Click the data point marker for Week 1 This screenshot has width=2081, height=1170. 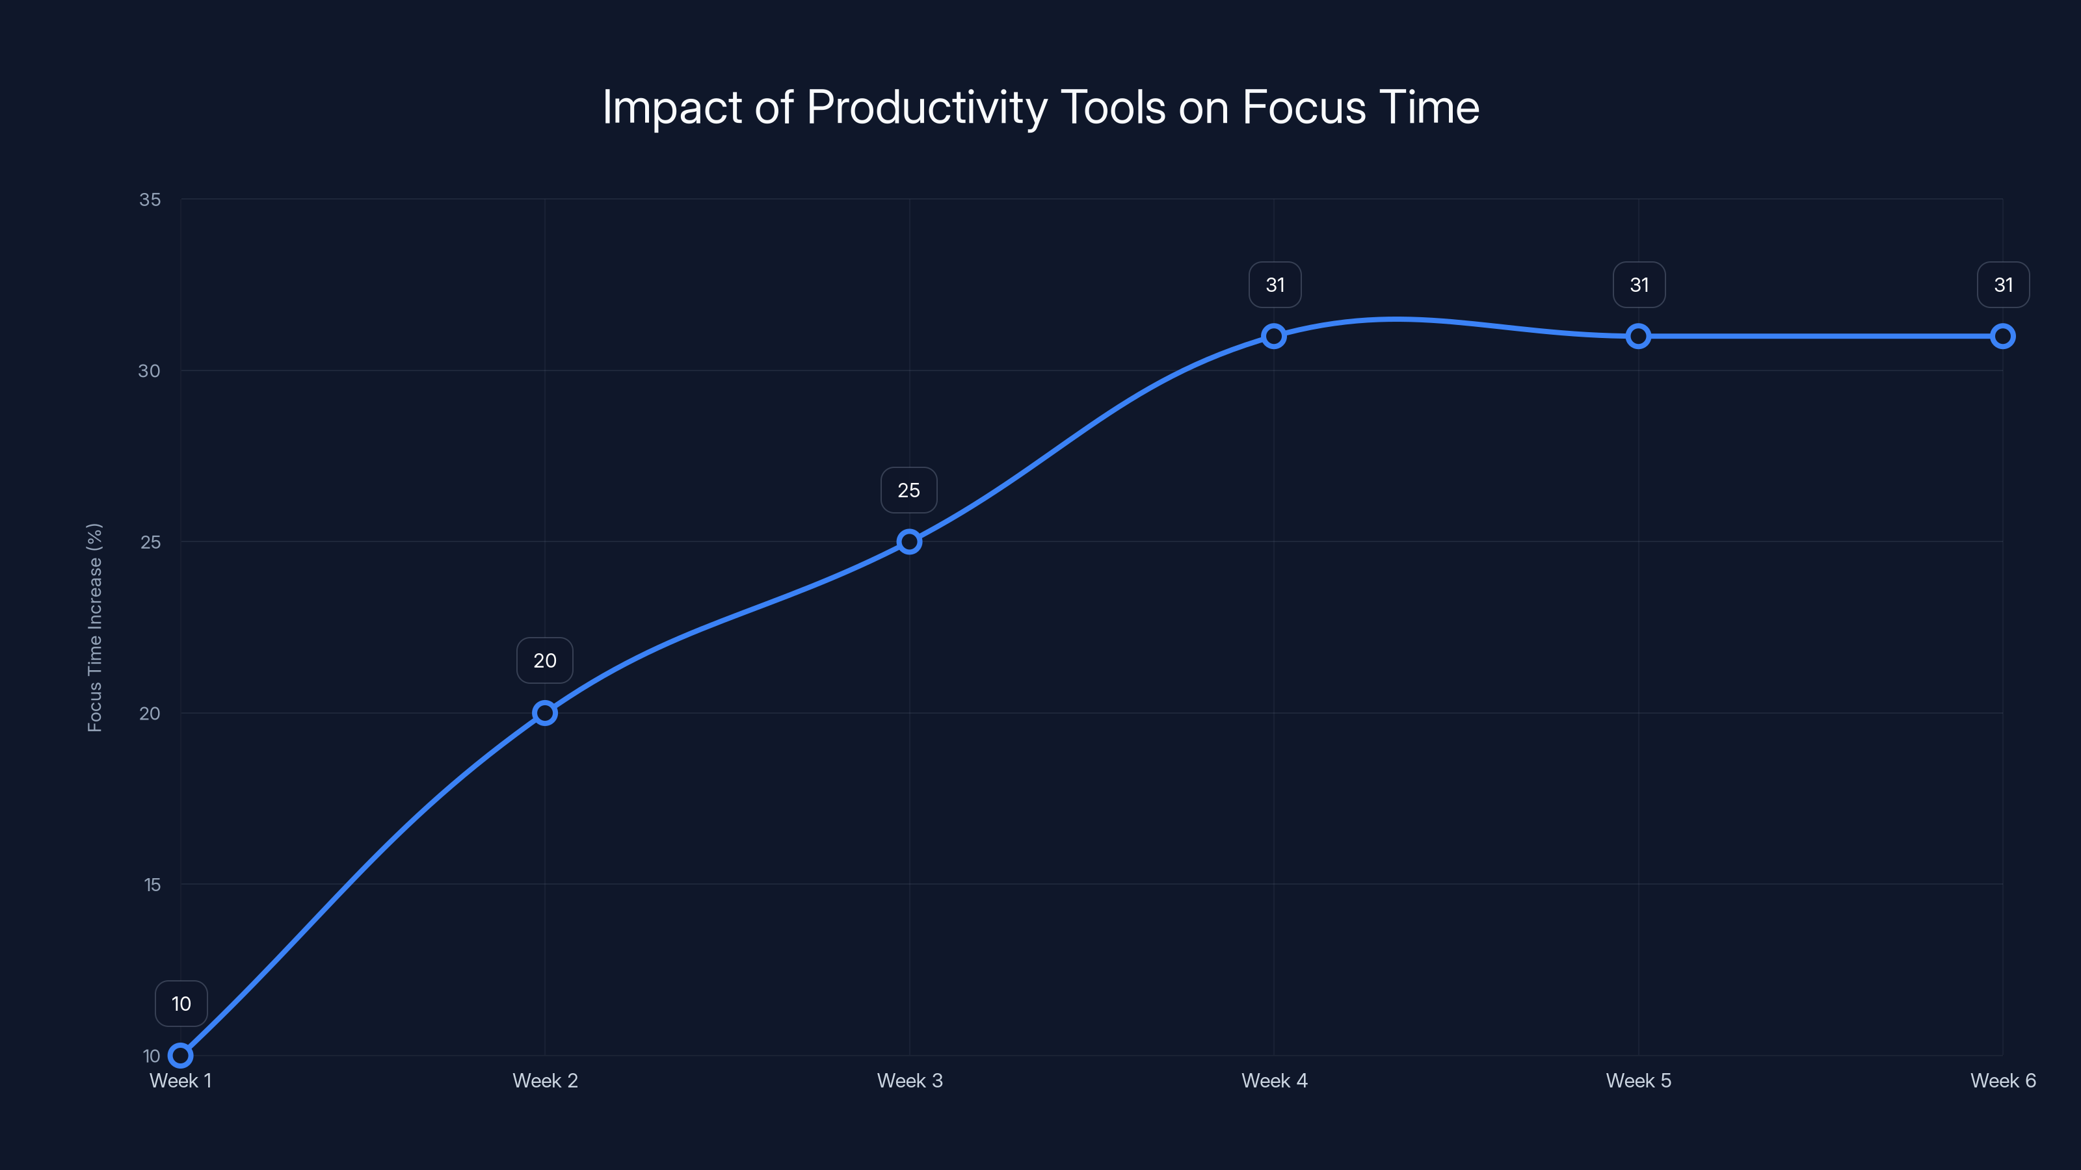pyautogui.click(x=181, y=1056)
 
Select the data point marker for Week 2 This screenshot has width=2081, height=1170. pyautogui.click(x=546, y=713)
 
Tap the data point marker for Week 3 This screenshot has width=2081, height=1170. pyautogui.click(x=910, y=542)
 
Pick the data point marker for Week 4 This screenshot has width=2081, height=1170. pyautogui.click(x=1274, y=336)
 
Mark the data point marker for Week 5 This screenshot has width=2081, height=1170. pyautogui.click(x=1638, y=336)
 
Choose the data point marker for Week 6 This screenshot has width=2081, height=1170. pyautogui.click(x=2003, y=336)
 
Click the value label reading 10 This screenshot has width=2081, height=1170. pyautogui.click(x=181, y=1004)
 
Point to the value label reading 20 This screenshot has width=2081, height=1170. pyautogui.click(x=546, y=660)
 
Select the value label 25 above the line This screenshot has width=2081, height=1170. pyautogui.click(x=909, y=490)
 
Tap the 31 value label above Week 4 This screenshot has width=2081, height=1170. pyautogui.click(x=1275, y=285)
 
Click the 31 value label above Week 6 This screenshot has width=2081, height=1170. pyautogui.click(x=2004, y=285)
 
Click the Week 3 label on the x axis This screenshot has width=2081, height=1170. pyautogui.click(x=910, y=1081)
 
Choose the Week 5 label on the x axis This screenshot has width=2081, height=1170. pyautogui.click(x=1638, y=1081)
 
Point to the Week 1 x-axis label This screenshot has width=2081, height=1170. pyautogui.click(x=181, y=1081)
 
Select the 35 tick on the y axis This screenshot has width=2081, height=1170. pyautogui.click(x=150, y=200)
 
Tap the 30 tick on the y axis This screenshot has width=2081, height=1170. pyautogui.click(x=150, y=370)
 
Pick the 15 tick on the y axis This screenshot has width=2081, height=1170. pyautogui.click(x=152, y=885)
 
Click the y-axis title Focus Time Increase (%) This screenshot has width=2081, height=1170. pyautogui.click(x=96, y=627)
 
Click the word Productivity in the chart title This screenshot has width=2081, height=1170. pyautogui.click(x=927, y=107)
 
